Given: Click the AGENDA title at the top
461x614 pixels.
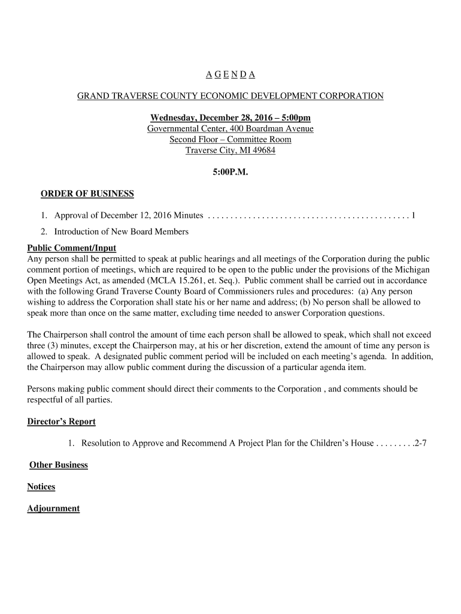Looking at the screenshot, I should coord(230,74).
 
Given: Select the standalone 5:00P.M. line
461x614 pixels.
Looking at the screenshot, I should coord(230,172).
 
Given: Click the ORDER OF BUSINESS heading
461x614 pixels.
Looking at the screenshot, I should coord(87,194).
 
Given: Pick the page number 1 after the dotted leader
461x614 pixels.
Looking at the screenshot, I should coord(413,215).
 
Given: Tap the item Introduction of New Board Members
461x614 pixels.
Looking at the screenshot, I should coord(121,231).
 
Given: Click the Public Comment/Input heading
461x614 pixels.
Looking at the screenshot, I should coord(72,248).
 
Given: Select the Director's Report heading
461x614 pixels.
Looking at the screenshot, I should coord(61,422).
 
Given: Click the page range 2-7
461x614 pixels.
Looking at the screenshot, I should coord(420,444).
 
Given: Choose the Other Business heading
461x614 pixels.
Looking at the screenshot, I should coord(59,465).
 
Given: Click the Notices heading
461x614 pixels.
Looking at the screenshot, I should coord(41,487).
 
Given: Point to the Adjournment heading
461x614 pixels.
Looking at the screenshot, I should coord(53,508).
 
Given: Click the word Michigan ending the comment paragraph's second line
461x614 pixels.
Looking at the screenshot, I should coord(412,270).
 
